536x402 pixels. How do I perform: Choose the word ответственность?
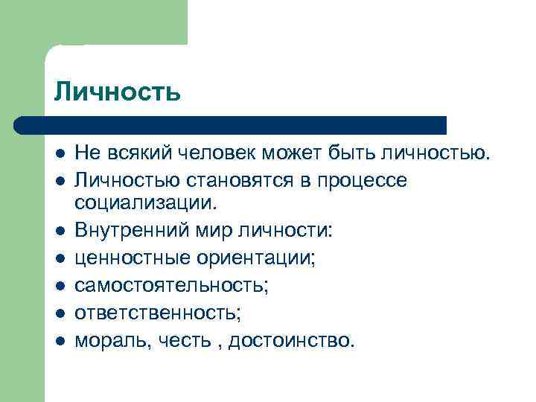pyautogui.click(x=157, y=313)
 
